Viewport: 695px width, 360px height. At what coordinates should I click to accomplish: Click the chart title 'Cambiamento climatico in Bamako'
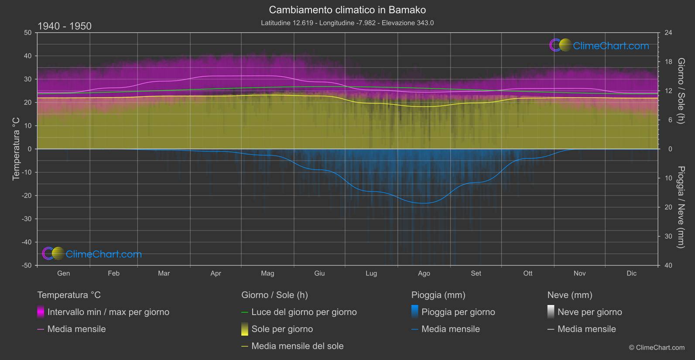(x=347, y=10)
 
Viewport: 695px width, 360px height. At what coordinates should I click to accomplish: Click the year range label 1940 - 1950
(x=65, y=26)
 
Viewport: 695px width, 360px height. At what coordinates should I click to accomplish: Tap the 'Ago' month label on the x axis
(x=424, y=273)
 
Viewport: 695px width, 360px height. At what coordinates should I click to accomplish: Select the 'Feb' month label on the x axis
(x=113, y=273)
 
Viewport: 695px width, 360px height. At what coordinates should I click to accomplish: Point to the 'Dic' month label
(x=631, y=273)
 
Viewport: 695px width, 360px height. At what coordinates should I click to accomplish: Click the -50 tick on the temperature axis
(x=27, y=265)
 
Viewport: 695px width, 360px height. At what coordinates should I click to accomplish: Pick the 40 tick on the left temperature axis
(x=27, y=56)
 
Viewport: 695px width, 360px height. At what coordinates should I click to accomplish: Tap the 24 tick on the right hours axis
(x=668, y=33)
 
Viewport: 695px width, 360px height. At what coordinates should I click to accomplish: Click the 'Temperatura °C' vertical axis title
(x=16, y=149)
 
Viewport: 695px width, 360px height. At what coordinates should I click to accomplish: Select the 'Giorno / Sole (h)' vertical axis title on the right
(x=681, y=91)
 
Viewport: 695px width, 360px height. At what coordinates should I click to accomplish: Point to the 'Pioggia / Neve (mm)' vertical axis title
(x=681, y=207)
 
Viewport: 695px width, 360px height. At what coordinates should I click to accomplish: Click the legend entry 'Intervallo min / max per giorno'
(x=108, y=312)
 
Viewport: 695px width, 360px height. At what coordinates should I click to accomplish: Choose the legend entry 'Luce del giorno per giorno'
(x=304, y=312)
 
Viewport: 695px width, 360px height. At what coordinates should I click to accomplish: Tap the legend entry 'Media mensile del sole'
(x=298, y=346)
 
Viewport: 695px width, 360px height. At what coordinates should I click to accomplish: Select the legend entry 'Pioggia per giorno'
(x=458, y=312)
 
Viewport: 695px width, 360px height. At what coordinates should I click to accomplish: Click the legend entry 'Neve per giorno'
(x=589, y=312)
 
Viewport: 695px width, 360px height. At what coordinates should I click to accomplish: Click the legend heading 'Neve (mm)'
(x=570, y=295)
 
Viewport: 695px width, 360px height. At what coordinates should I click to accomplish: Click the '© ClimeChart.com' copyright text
(x=657, y=347)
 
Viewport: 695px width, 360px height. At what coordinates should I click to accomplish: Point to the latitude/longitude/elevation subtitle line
(x=347, y=23)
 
